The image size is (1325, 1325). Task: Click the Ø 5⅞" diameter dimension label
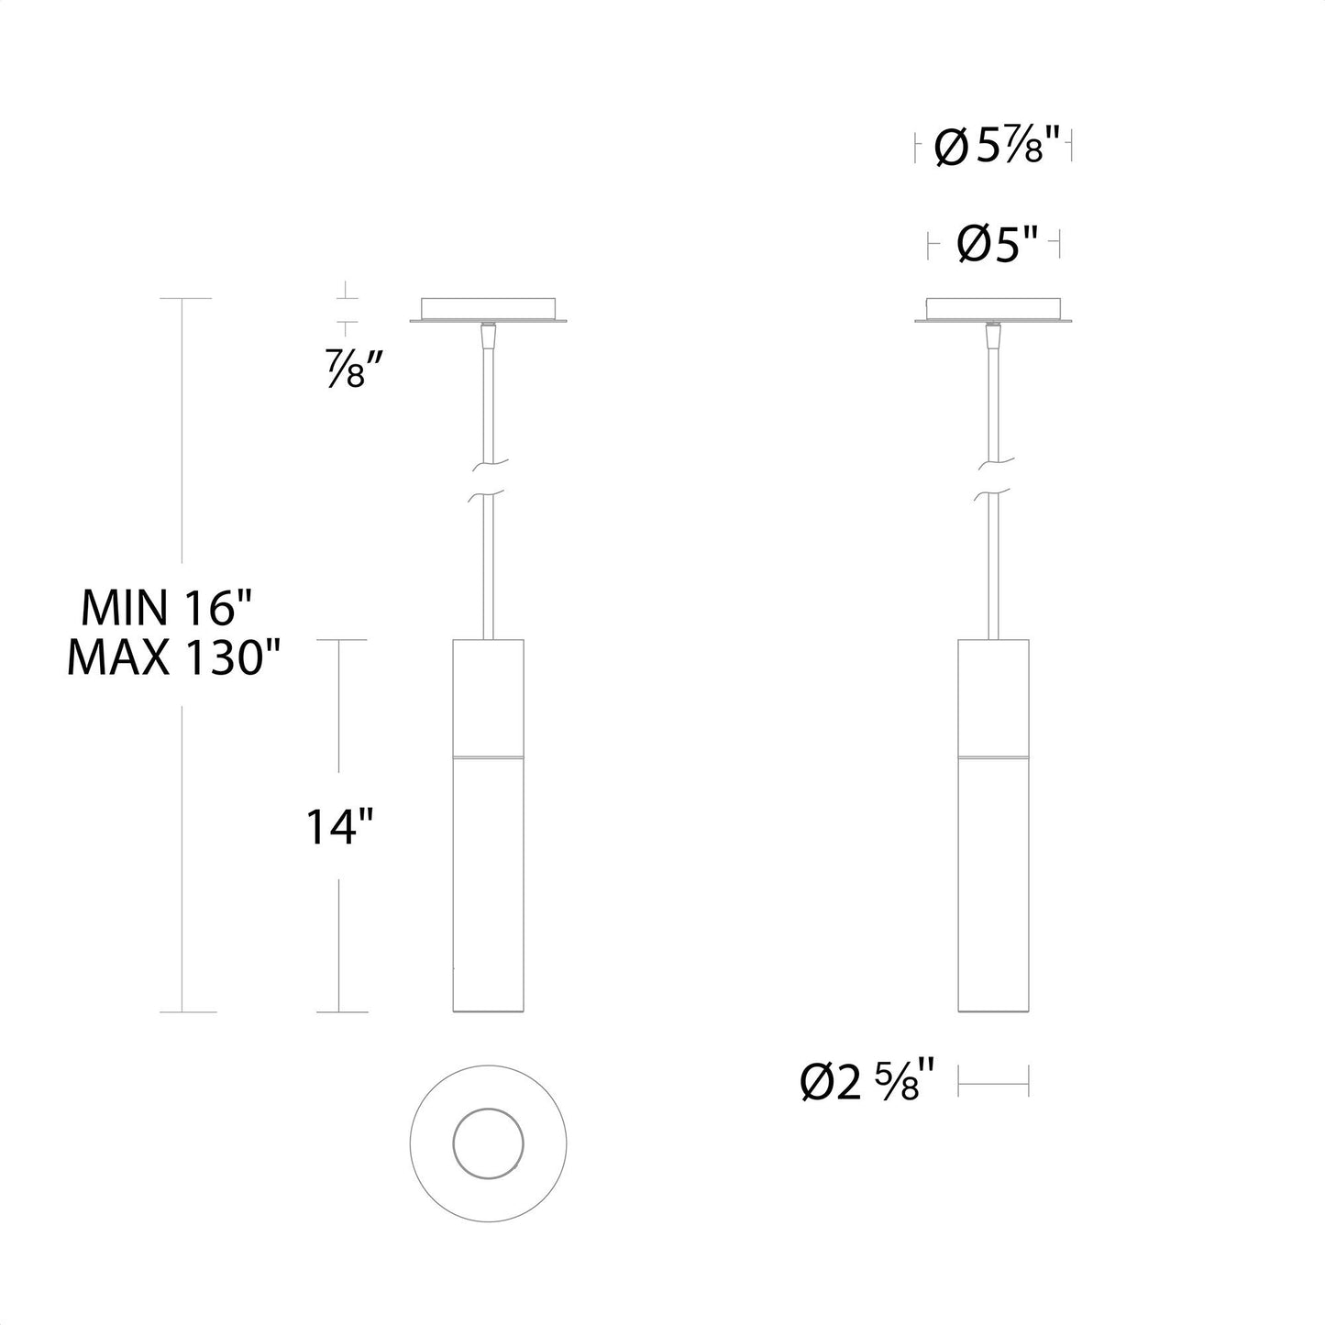tap(995, 147)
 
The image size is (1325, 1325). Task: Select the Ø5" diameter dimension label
tap(996, 245)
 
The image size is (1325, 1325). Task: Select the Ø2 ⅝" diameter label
tap(867, 1081)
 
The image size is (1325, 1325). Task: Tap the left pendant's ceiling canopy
tap(488, 309)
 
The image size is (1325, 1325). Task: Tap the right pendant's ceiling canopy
tap(994, 309)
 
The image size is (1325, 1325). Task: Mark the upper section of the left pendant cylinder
tap(488, 697)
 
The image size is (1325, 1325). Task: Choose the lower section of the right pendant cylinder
tap(994, 885)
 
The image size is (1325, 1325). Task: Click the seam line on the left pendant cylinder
tap(488, 757)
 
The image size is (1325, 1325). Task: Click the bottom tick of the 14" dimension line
tap(341, 1012)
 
